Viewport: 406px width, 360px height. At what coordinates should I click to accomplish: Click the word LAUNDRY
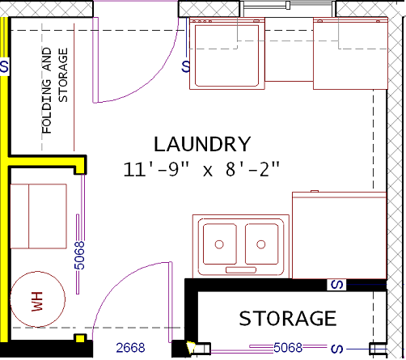(202, 144)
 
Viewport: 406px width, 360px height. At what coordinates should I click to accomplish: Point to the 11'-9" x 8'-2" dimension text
(201, 169)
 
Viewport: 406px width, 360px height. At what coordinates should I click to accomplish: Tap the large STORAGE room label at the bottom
(288, 319)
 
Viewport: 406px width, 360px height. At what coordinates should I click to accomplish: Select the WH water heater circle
(38, 299)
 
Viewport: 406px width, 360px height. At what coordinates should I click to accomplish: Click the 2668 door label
(130, 348)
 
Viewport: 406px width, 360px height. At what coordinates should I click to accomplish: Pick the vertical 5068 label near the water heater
(79, 256)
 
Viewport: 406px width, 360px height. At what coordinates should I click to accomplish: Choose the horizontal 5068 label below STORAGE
(288, 348)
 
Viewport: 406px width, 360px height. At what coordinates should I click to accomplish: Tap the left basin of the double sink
(220, 244)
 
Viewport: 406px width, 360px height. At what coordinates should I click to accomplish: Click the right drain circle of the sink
(261, 244)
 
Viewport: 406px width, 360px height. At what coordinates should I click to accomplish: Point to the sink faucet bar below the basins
(241, 270)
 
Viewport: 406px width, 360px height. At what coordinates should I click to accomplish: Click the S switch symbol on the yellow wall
(5, 66)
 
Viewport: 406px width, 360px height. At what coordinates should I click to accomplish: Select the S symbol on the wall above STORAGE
(336, 285)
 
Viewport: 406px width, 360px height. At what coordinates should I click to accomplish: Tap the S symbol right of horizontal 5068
(336, 349)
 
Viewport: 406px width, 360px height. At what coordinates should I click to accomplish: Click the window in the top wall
(288, 6)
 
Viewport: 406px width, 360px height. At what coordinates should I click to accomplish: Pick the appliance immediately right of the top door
(227, 53)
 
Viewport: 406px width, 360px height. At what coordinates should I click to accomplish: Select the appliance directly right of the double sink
(340, 235)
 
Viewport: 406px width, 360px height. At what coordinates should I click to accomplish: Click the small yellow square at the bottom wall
(80, 338)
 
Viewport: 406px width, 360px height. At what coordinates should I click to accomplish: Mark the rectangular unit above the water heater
(38, 216)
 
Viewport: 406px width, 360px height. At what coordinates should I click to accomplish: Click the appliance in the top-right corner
(350, 53)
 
